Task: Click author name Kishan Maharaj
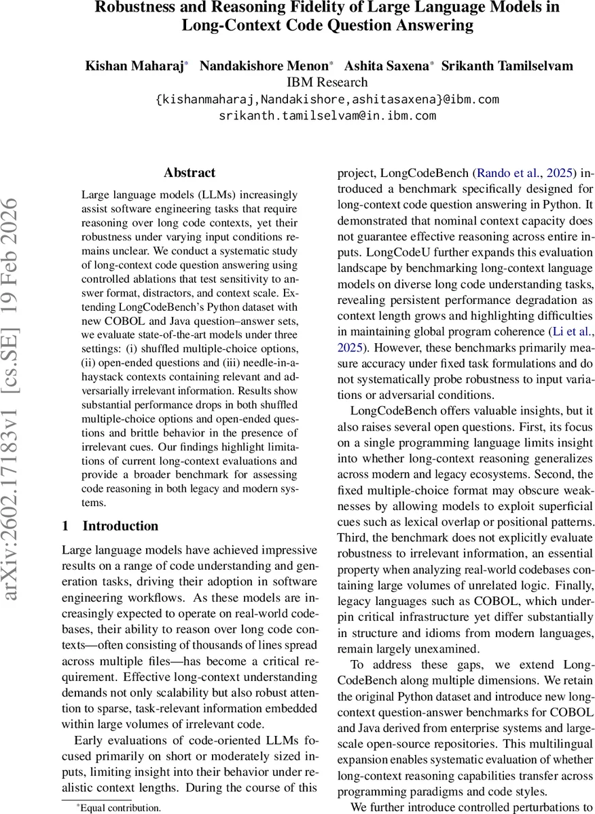[x=134, y=66]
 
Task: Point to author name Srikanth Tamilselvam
[x=507, y=66]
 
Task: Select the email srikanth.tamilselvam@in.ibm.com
[x=327, y=115]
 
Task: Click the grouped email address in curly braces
[x=327, y=100]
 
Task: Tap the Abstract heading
[x=190, y=173]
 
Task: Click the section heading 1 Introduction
[x=110, y=526]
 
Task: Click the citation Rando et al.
[x=503, y=173]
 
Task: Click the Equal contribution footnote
[x=120, y=807]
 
